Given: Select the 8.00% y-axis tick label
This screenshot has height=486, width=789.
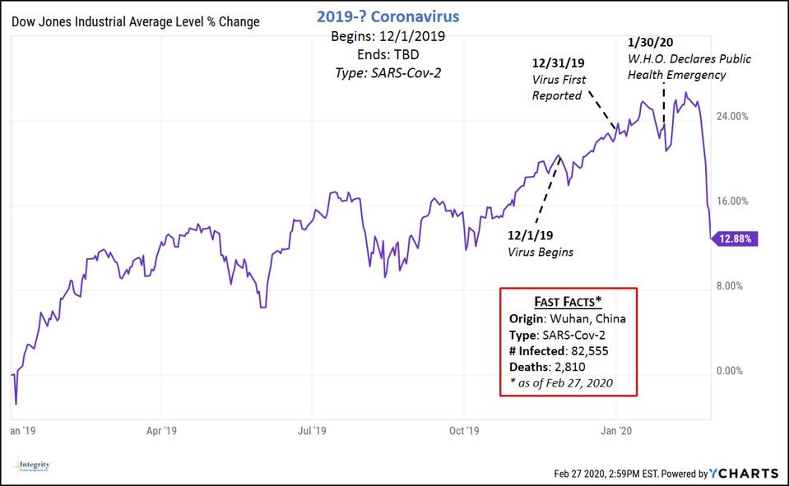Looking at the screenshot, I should tap(734, 286).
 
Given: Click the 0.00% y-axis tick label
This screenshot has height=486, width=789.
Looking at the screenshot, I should tap(734, 371).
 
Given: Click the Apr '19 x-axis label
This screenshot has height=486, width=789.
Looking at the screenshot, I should tap(161, 430).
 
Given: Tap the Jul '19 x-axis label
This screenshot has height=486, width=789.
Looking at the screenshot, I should tap(312, 430).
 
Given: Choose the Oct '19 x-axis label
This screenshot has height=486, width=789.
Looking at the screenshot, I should tap(464, 430).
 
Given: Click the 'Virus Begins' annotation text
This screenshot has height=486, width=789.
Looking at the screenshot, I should tap(541, 252).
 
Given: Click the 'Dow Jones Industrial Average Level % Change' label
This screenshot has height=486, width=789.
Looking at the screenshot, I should tap(135, 21).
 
